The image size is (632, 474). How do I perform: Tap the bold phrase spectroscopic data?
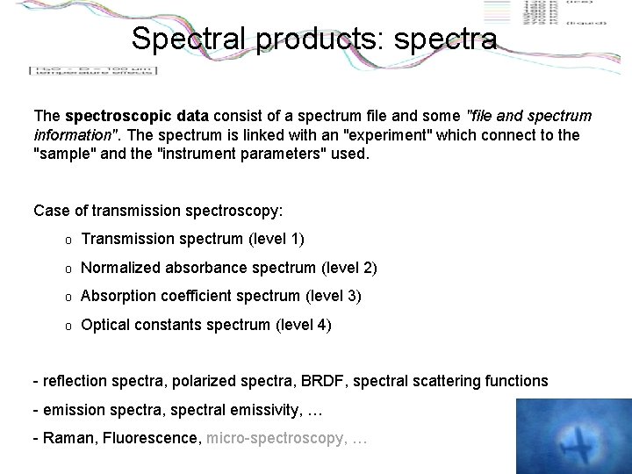(x=136, y=115)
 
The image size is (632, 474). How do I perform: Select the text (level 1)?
(x=276, y=238)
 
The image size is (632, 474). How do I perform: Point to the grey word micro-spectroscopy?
(x=275, y=436)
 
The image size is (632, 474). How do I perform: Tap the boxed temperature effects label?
(x=92, y=69)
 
